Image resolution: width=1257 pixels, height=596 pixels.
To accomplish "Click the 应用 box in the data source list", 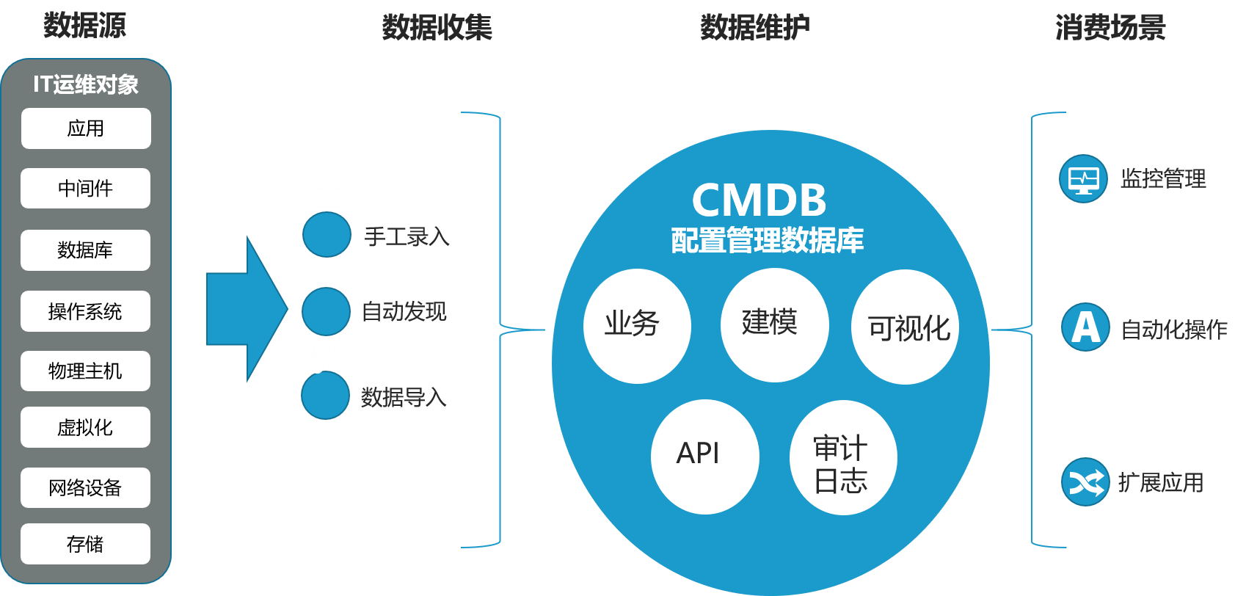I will pyautogui.click(x=86, y=128).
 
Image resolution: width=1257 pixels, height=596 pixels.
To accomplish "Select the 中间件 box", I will pyautogui.click(x=86, y=189).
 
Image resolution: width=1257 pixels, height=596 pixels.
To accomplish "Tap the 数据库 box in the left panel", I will pyautogui.click(x=86, y=250).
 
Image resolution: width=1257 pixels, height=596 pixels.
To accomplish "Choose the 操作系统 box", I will pyautogui.click(x=86, y=311).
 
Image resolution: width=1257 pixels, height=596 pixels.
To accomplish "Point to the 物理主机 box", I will pyautogui.click(x=86, y=371).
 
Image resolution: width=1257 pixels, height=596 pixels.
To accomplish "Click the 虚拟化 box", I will pyautogui.click(x=86, y=427).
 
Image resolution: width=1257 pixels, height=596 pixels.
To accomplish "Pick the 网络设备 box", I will pyautogui.click(x=86, y=487).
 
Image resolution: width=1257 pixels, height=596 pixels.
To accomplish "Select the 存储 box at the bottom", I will pyautogui.click(x=86, y=544).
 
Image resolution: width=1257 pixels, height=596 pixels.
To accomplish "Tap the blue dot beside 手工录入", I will pyautogui.click(x=327, y=235).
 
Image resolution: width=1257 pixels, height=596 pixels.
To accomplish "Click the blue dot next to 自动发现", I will pyautogui.click(x=326, y=311).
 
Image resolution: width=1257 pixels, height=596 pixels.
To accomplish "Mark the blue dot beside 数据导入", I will pyautogui.click(x=325, y=395).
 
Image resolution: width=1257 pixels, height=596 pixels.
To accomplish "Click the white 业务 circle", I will pyautogui.click(x=637, y=326).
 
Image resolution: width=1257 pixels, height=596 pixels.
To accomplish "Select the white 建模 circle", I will pyautogui.click(x=775, y=324).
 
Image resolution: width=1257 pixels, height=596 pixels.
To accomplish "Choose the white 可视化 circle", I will pyautogui.click(x=905, y=327).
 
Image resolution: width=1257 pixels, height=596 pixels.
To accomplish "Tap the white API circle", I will pyautogui.click(x=704, y=456).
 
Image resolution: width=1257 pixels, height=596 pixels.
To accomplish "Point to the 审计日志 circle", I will pyautogui.click(x=843, y=457).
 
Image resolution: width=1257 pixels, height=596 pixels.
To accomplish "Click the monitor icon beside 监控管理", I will pyautogui.click(x=1083, y=178).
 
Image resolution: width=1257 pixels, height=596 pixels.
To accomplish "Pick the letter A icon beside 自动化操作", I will pyautogui.click(x=1085, y=327).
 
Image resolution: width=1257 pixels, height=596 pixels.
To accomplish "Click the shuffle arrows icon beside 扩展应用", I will pyautogui.click(x=1085, y=482).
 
